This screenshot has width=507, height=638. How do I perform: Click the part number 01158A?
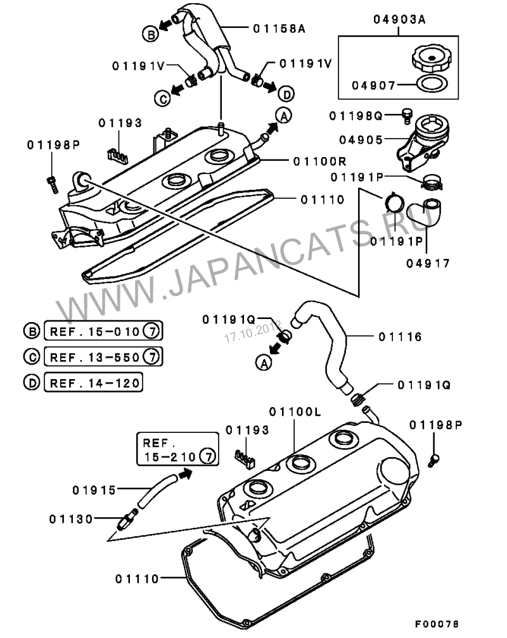279,28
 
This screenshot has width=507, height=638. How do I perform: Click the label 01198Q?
360,115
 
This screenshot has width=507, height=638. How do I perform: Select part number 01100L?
295,412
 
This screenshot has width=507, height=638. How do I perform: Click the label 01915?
94,489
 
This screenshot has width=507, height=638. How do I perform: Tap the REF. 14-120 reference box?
93,382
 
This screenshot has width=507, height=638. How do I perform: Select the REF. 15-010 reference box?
101,330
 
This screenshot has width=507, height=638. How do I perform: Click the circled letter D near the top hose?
286,94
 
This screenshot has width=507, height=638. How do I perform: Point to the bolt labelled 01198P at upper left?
51,182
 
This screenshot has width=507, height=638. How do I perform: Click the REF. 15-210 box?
176,449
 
